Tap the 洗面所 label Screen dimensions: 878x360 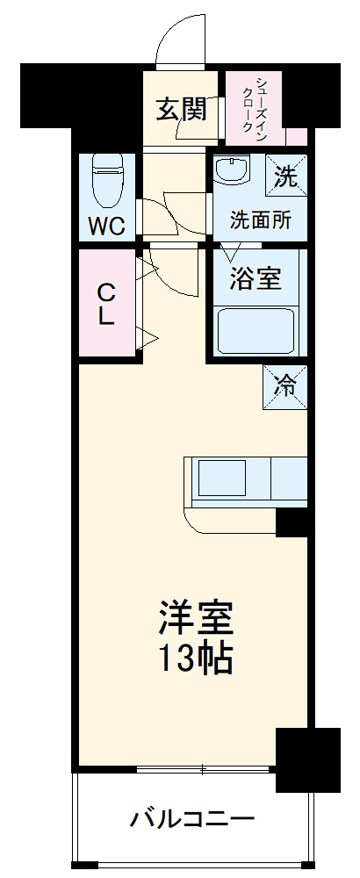(260, 220)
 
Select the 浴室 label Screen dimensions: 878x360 (256, 279)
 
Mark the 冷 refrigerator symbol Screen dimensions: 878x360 (285, 385)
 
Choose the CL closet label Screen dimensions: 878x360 (105, 303)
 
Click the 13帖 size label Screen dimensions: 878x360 (196, 658)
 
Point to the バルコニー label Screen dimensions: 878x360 (192, 819)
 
